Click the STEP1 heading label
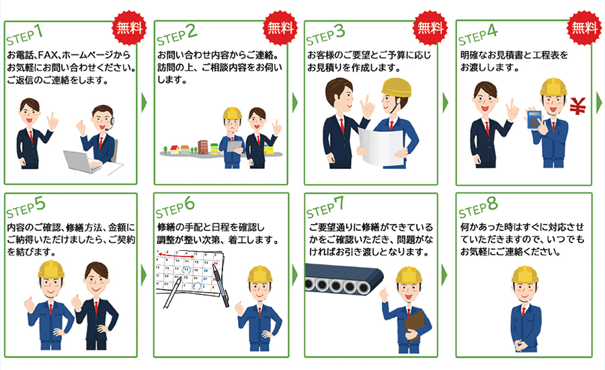point(24,34)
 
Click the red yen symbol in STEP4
point(577,106)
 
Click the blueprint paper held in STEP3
point(381,145)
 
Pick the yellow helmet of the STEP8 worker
point(525,274)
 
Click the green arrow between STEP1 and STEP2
point(144,103)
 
